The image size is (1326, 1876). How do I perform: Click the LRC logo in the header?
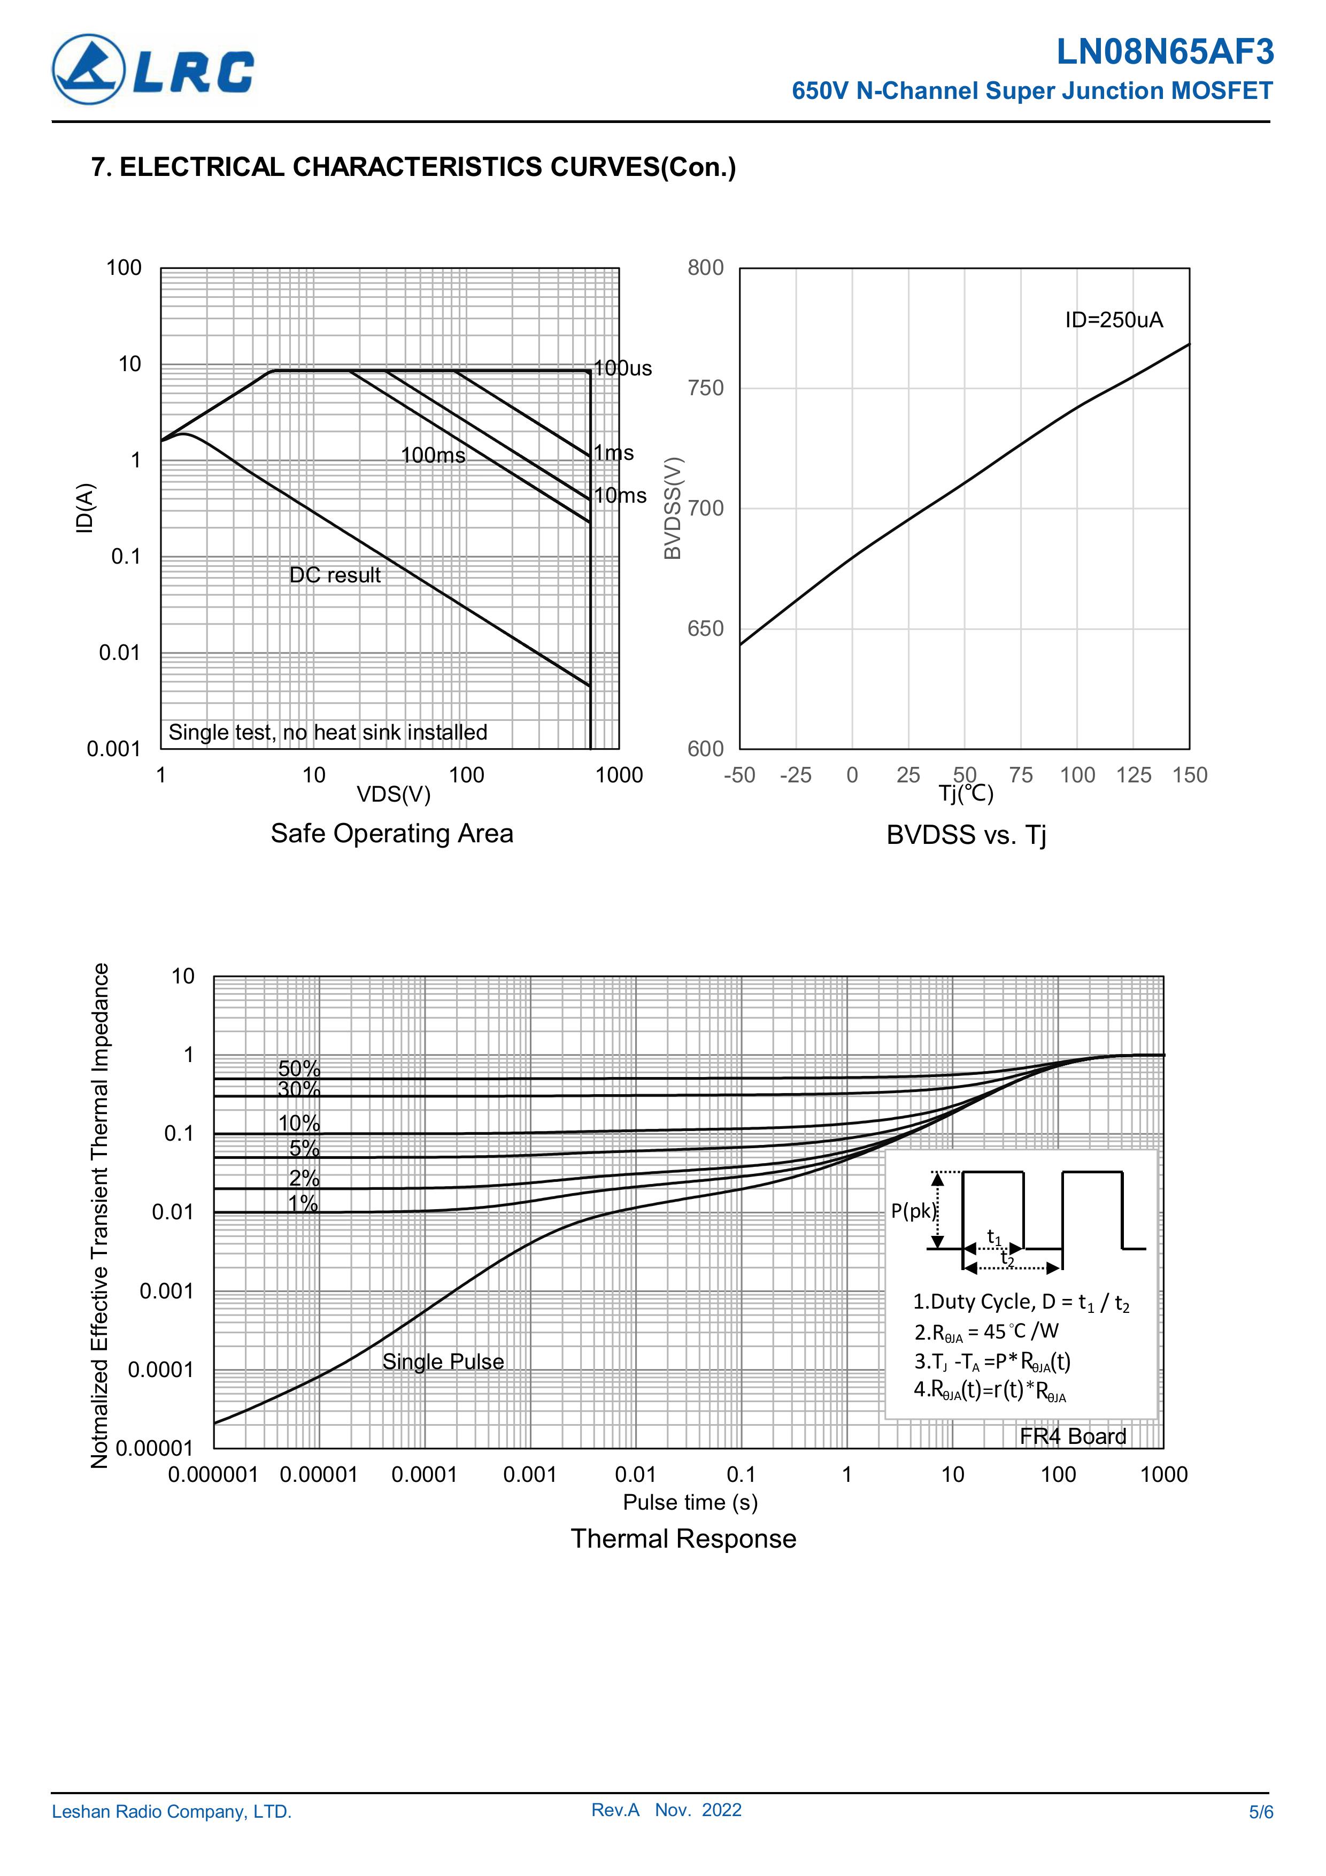153,70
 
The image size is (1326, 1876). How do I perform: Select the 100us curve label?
622,368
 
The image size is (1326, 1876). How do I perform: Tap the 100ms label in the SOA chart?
433,455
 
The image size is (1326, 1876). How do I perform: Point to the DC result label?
335,575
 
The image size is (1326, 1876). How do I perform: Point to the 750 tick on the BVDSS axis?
706,388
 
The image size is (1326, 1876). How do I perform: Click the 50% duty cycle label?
299,1068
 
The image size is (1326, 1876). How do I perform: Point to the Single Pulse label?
443,1361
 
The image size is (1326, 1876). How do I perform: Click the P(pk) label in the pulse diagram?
913,1211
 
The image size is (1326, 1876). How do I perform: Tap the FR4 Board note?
1073,1436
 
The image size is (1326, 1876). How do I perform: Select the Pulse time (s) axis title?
690,1502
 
